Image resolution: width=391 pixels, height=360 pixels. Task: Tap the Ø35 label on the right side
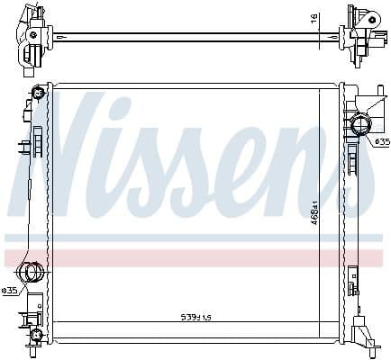(x=381, y=141)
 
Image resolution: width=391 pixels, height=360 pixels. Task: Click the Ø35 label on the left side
(x=10, y=290)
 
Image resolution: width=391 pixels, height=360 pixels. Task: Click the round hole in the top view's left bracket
(x=33, y=35)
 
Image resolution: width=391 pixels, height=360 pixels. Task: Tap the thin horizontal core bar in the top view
(x=189, y=36)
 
